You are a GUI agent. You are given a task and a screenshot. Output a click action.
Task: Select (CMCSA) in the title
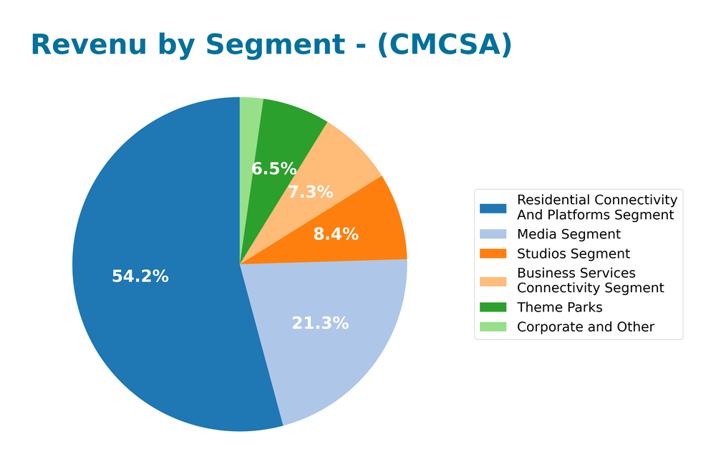(444, 45)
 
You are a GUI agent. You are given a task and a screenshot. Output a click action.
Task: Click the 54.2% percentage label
(140, 276)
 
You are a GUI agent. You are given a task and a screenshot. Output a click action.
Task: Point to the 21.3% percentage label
(320, 323)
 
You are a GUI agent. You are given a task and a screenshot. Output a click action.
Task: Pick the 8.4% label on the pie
(336, 234)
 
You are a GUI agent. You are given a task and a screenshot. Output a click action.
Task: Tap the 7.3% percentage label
(310, 192)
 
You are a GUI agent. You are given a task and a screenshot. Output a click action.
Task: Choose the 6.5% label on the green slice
(274, 169)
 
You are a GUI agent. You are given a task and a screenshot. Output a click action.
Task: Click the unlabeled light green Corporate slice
(249, 115)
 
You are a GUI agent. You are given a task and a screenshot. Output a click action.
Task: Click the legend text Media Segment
(569, 234)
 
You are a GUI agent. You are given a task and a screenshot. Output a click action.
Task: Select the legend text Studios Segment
(574, 253)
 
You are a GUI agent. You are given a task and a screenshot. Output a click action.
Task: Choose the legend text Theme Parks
(560, 307)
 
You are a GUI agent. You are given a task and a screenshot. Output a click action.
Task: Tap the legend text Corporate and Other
(586, 327)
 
